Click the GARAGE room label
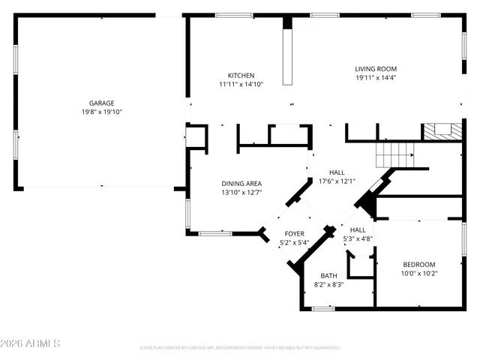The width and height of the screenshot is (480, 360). click(101, 103)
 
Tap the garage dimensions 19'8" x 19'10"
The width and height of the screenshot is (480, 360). click(101, 112)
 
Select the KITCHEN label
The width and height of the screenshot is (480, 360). click(241, 75)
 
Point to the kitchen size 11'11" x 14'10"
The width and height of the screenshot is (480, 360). click(241, 84)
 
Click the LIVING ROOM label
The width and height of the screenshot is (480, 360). click(376, 69)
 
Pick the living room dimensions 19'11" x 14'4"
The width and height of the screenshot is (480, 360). click(376, 77)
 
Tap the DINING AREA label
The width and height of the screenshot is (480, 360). click(241, 184)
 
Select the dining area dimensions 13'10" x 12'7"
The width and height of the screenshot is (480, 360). click(241, 193)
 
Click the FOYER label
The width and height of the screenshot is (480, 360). click(294, 234)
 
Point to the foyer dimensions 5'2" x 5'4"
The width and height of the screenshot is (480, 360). click(294, 242)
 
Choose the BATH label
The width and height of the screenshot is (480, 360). click(328, 276)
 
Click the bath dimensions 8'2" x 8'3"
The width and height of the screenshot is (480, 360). click(328, 284)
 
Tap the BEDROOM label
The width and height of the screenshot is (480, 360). click(419, 264)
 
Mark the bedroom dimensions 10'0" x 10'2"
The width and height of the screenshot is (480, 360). click(419, 273)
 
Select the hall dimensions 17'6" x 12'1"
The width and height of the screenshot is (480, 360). click(337, 181)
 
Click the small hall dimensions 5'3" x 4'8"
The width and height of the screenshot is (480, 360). click(358, 238)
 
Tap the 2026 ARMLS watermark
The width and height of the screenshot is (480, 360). click(30, 343)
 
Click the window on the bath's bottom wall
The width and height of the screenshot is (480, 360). click(323, 308)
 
